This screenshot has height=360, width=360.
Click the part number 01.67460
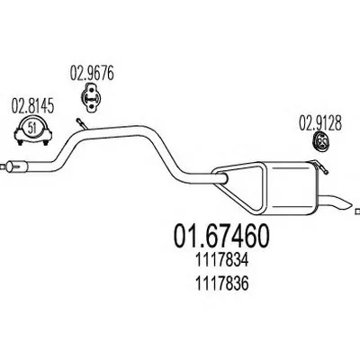[x=221, y=236]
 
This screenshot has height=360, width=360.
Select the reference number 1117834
[x=222, y=261]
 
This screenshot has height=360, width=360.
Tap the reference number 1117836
[x=222, y=283]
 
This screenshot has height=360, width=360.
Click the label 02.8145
[x=32, y=106]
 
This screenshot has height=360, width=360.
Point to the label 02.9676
[x=92, y=74]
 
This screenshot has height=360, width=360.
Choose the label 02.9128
[x=320, y=123]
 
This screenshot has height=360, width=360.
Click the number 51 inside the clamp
[x=31, y=129]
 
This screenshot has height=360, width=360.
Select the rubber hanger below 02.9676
[x=91, y=98]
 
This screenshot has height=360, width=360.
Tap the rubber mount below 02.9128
[x=320, y=145]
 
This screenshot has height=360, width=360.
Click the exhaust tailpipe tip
[x=336, y=203]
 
